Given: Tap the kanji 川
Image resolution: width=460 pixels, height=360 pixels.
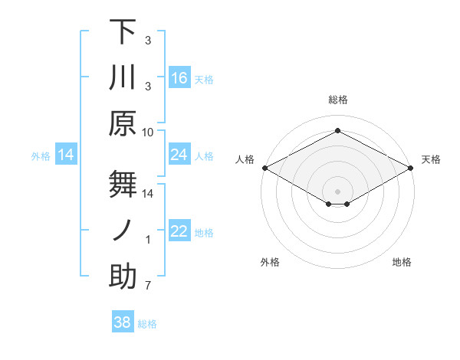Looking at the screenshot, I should tap(123, 77).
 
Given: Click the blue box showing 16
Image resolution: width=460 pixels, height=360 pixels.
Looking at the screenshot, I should tap(179, 77).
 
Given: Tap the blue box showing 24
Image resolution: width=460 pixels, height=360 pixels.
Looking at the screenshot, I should tap(179, 155).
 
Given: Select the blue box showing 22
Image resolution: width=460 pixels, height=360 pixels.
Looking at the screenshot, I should tap(179, 232).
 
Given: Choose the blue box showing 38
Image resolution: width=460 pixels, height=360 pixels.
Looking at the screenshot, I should tap(123, 322).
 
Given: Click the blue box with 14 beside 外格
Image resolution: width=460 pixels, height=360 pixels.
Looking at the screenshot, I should tap(66, 155).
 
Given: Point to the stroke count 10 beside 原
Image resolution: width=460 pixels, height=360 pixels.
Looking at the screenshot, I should tap(148, 132).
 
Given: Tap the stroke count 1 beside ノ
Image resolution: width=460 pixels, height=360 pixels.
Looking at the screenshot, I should tap(148, 240).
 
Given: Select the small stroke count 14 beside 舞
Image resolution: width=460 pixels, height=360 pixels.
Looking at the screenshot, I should tap(148, 194).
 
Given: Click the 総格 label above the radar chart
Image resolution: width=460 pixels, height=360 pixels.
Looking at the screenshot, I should tap(337, 100).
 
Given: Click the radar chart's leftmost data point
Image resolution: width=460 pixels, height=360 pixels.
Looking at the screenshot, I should tap(264, 168).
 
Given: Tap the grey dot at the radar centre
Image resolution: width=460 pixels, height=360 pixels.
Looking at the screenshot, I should tap(337, 189).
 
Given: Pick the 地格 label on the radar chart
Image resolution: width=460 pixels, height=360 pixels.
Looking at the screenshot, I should tap(402, 263).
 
